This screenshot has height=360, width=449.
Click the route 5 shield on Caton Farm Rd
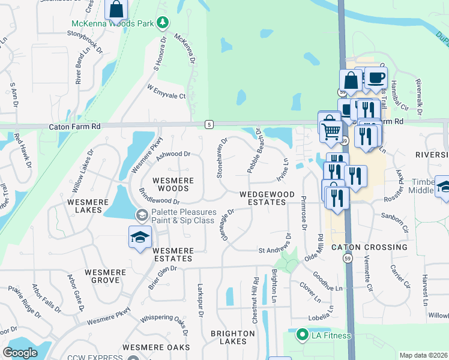point(208,124)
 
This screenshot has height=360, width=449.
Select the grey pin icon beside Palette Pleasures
point(142,215)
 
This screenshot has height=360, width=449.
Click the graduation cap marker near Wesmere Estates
point(140,236)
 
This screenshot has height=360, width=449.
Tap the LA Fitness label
point(331,335)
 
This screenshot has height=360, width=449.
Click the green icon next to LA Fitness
point(304,335)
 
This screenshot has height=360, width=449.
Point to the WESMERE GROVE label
point(105,276)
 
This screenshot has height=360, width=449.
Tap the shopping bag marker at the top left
point(116,9)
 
